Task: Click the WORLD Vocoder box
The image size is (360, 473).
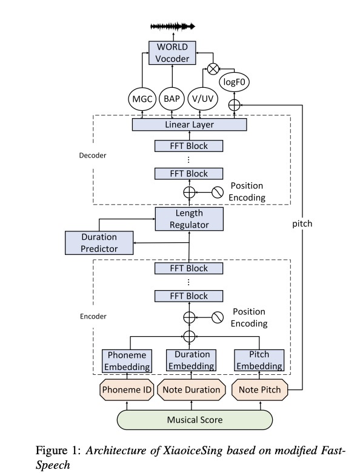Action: point(172,53)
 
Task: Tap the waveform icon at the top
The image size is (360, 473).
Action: point(173,27)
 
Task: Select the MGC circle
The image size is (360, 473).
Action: point(142,99)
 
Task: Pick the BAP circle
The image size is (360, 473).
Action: point(172,99)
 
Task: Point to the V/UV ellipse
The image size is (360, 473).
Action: point(203,99)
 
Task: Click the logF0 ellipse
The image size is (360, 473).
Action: point(234,82)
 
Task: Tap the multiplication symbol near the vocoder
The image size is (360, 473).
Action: point(213,69)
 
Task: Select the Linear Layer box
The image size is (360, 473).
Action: point(190,125)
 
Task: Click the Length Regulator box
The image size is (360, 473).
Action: point(189,219)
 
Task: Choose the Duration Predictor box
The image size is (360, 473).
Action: point(99,243)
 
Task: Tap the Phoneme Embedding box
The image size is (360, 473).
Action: point(127,361)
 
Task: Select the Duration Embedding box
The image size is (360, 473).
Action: point(192,360)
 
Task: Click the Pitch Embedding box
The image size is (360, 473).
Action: point(259,360)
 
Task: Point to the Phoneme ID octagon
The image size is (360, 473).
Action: point(127,390)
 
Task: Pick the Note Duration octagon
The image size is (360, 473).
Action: point(192,390)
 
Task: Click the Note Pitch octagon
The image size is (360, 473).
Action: point(259,390)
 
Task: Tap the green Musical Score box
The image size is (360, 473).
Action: point(195,420)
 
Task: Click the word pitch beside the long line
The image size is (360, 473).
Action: point(302,224)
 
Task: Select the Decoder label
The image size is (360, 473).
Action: point(93,156)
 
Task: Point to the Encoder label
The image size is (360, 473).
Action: point(93,316)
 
